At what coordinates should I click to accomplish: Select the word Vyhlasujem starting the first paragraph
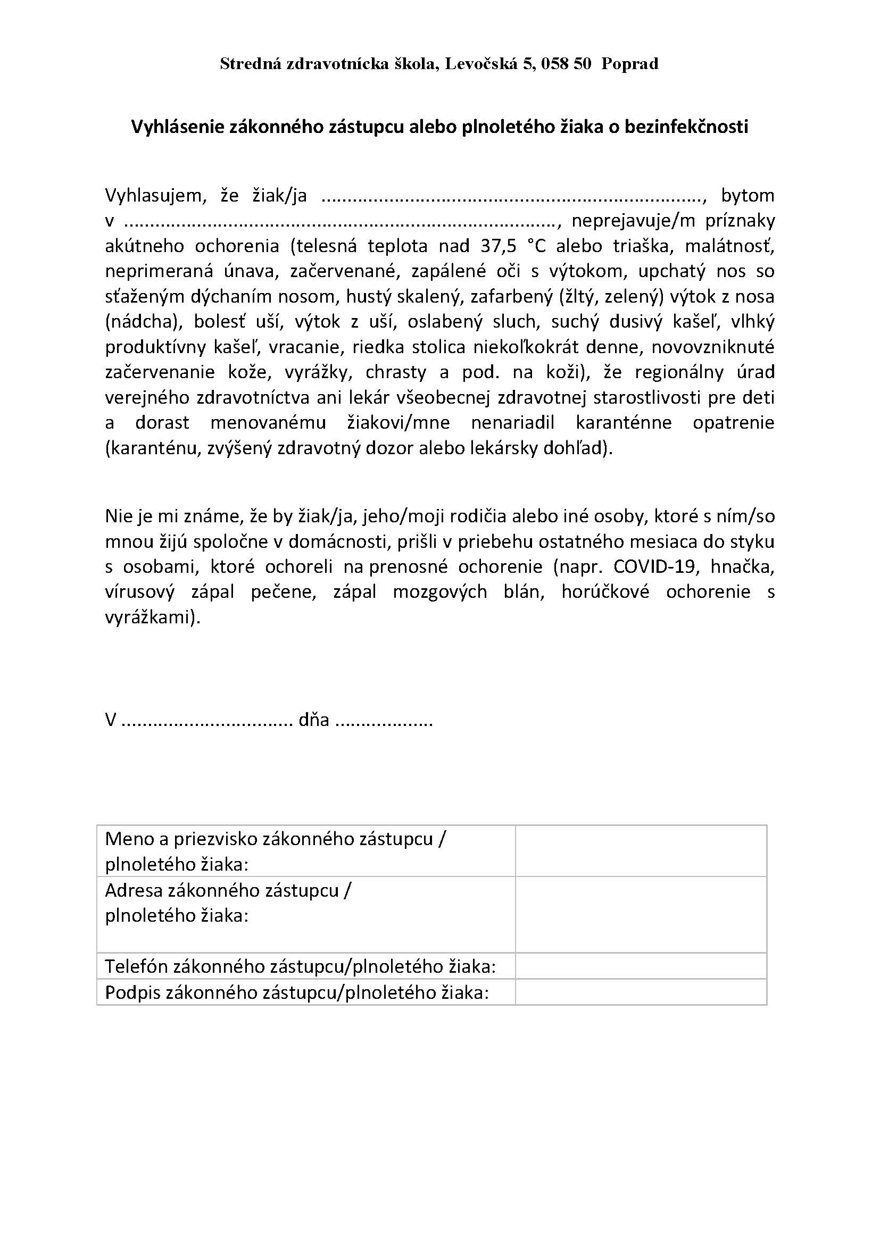[x=153, y=196]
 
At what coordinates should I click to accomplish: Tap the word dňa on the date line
[x=314, y=720]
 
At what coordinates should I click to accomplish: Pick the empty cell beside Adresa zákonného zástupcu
[x=641, y=914]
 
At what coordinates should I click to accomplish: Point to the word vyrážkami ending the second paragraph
[x=152, y=617]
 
